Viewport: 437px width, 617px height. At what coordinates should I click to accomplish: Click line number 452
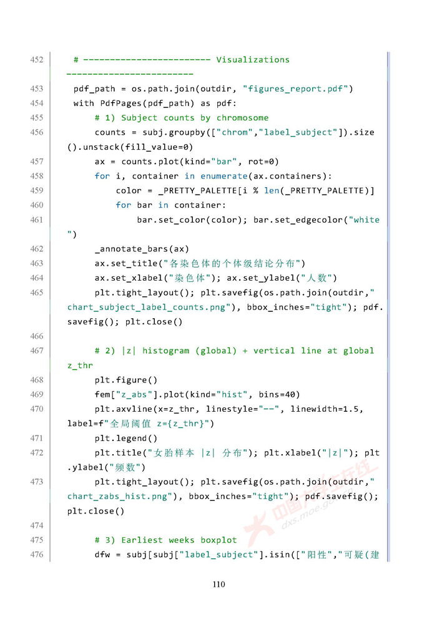coord(36,60)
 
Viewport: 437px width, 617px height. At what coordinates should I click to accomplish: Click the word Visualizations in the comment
coord(253,60)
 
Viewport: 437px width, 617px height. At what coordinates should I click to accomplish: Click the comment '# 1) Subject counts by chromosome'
coord(181,118)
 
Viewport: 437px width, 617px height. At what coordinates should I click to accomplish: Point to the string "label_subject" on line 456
coord(298,132)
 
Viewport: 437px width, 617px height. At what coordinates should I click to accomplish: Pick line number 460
coord(36,205)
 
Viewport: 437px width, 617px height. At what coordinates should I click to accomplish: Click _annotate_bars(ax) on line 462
coord(142,249)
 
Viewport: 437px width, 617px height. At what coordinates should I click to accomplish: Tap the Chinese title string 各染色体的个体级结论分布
coord(237,263)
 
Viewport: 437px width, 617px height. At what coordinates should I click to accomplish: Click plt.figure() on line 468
coord(125,380)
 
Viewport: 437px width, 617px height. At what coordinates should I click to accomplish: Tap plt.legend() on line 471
coord(125,438)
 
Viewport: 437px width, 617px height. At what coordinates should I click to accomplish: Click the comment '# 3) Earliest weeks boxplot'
coord(165,540)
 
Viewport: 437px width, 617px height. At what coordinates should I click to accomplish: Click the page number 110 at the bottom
coord(219,585)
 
